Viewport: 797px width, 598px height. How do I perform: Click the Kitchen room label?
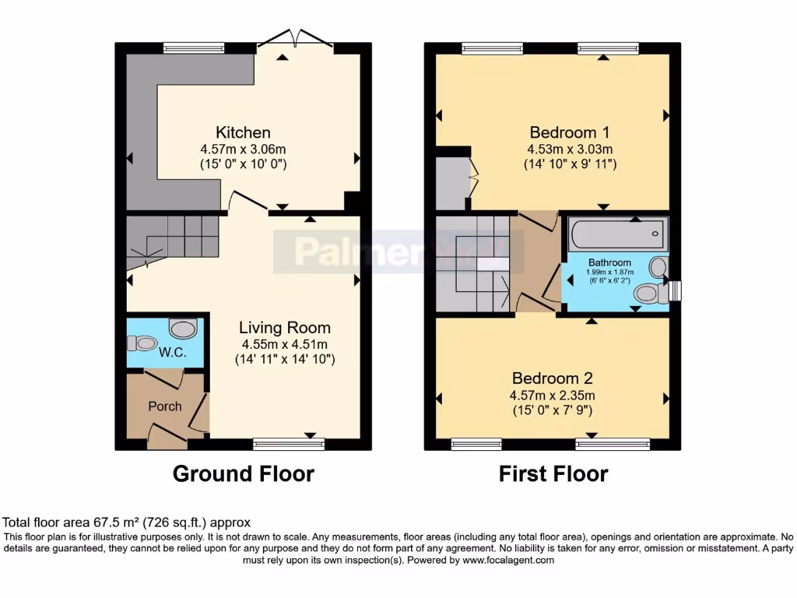tap(243, 132)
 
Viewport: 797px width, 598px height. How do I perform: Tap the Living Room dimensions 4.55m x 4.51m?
tap(284, 343)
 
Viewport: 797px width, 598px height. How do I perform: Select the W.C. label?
tap(172, 352)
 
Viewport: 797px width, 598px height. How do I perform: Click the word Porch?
tap(165, 406)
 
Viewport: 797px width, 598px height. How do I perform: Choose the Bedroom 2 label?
tap(552, 378)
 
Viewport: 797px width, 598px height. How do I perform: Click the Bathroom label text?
tap(609, 262)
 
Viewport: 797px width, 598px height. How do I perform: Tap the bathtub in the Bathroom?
tap(618, 232)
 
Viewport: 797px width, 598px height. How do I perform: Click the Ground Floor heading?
tap(243, 473)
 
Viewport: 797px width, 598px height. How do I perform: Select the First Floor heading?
tap(553, 473)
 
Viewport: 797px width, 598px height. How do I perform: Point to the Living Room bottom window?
tap(289, 445)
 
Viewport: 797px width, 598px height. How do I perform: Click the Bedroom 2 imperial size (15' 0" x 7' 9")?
tap(552, 410)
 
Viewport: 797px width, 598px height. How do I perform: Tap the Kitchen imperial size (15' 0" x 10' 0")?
tap(243, 164)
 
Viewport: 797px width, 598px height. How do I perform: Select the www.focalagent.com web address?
tap(508, 560)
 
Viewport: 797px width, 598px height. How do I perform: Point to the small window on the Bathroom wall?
tap(675, 290)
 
